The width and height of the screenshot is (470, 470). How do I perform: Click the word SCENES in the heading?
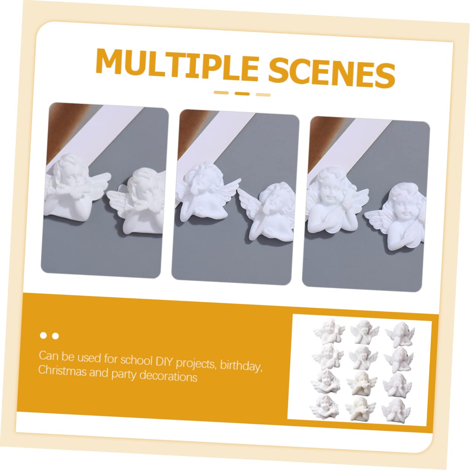tap(331, 73)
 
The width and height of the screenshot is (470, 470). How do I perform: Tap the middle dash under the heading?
tap(242, 93)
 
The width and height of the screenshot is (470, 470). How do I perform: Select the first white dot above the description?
tap(44, 336)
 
